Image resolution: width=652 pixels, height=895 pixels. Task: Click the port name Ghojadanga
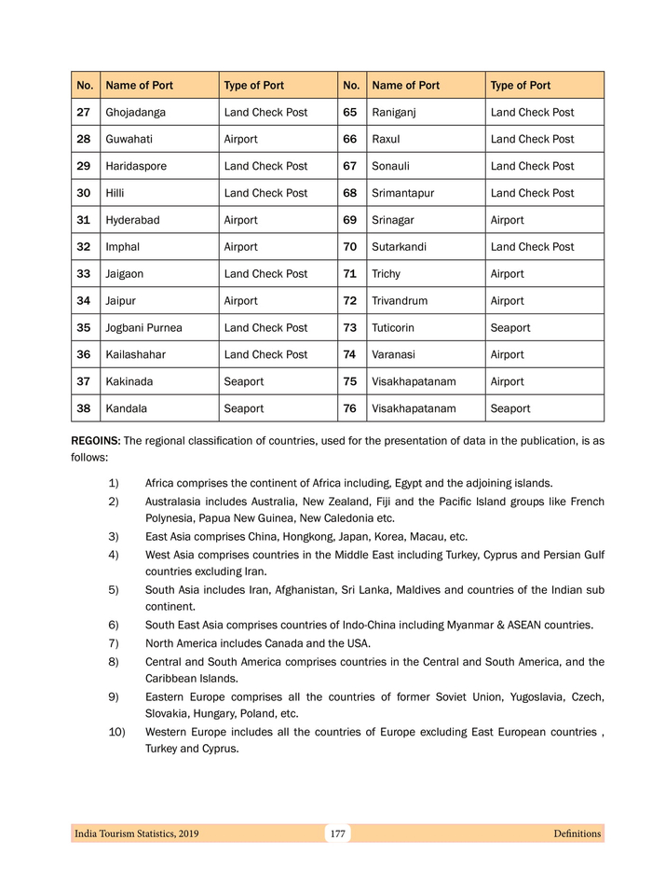pos(135,112)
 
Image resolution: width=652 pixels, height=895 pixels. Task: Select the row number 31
pos(84,220)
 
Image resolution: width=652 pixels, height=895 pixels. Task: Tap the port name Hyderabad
pos(132,220)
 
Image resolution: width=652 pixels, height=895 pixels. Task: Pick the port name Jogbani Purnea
pos(143,328)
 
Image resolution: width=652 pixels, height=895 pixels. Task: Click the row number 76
pos(350,408)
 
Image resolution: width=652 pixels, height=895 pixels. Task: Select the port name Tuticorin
pos(396,328)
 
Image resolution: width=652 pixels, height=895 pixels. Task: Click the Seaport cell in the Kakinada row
pos(244,381)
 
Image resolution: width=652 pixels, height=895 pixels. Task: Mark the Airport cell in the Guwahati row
pos(241,139)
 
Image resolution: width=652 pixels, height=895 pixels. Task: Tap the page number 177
pos(337,833)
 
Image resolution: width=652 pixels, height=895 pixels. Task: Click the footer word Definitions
pos(577,833)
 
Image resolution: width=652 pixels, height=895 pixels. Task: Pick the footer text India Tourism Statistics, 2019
pos(136,833)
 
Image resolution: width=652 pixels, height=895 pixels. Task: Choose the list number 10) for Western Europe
pos(117,732)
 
